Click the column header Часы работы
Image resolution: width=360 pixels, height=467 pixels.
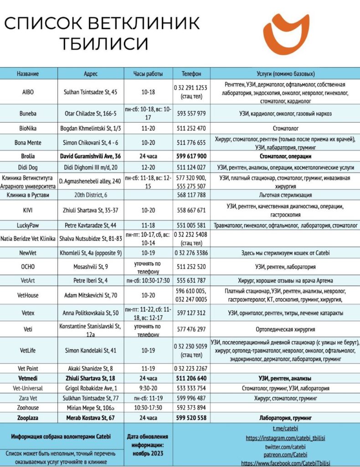tap(148, 73)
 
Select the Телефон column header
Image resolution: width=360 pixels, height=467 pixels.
tap(191, 73)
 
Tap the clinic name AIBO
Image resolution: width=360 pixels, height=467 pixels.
tap(28, 92)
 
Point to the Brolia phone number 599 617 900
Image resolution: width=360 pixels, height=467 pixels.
tap(191, 156)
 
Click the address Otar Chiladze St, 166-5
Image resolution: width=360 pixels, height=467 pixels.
tap(91, 113)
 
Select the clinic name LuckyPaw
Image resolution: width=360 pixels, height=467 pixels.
tap(28, 225)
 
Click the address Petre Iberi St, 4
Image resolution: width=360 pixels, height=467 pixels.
tap(91, 280)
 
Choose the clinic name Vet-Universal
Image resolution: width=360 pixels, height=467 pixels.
tap(28, 389)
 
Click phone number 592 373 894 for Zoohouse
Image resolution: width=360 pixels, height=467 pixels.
tap(191, 408)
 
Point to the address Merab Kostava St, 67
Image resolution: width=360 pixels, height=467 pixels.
tap(91, 417)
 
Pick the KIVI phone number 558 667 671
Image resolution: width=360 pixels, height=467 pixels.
tap(191, 210)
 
